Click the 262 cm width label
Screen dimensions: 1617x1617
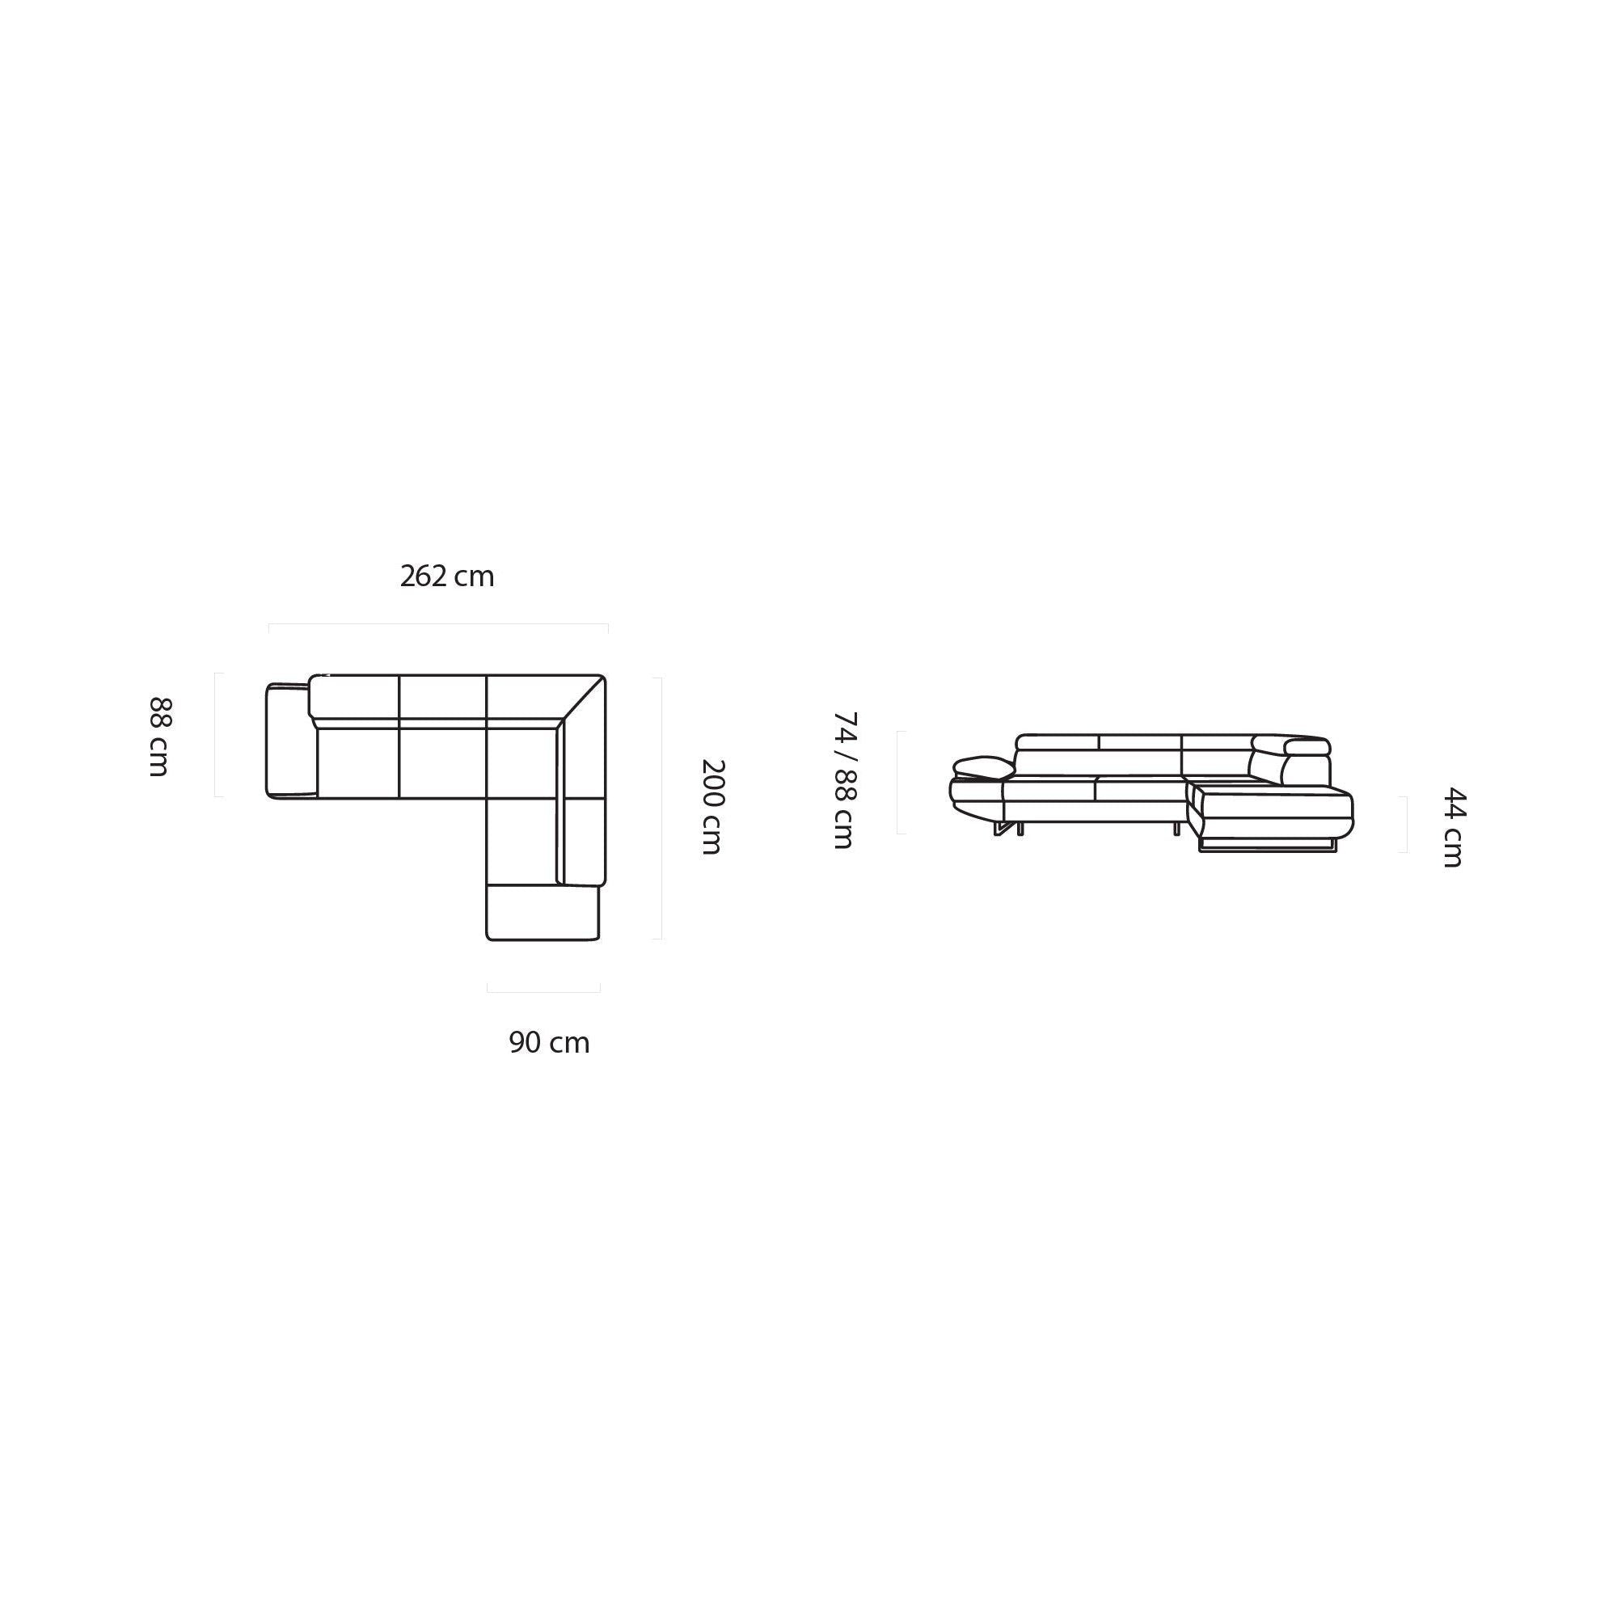pos(447,576)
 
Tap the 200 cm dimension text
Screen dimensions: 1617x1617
pos(711,806)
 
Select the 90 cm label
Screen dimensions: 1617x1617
pos(549,1043)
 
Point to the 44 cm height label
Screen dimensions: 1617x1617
pos(1453,827)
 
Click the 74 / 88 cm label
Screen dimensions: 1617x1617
pos(846,780)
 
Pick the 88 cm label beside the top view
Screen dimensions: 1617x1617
pos(160,737)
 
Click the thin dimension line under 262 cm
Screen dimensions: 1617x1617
pos(437,624)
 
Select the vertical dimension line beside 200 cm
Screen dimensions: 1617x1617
pos(661,808)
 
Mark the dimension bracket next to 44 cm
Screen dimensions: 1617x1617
pos(1406,825)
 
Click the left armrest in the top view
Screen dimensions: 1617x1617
pos(290,741)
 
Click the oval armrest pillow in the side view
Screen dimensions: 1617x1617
pos(982,767)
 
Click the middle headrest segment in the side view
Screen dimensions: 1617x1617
pos(1139,742)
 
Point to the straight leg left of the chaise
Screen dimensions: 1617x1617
pos(1176,829)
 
